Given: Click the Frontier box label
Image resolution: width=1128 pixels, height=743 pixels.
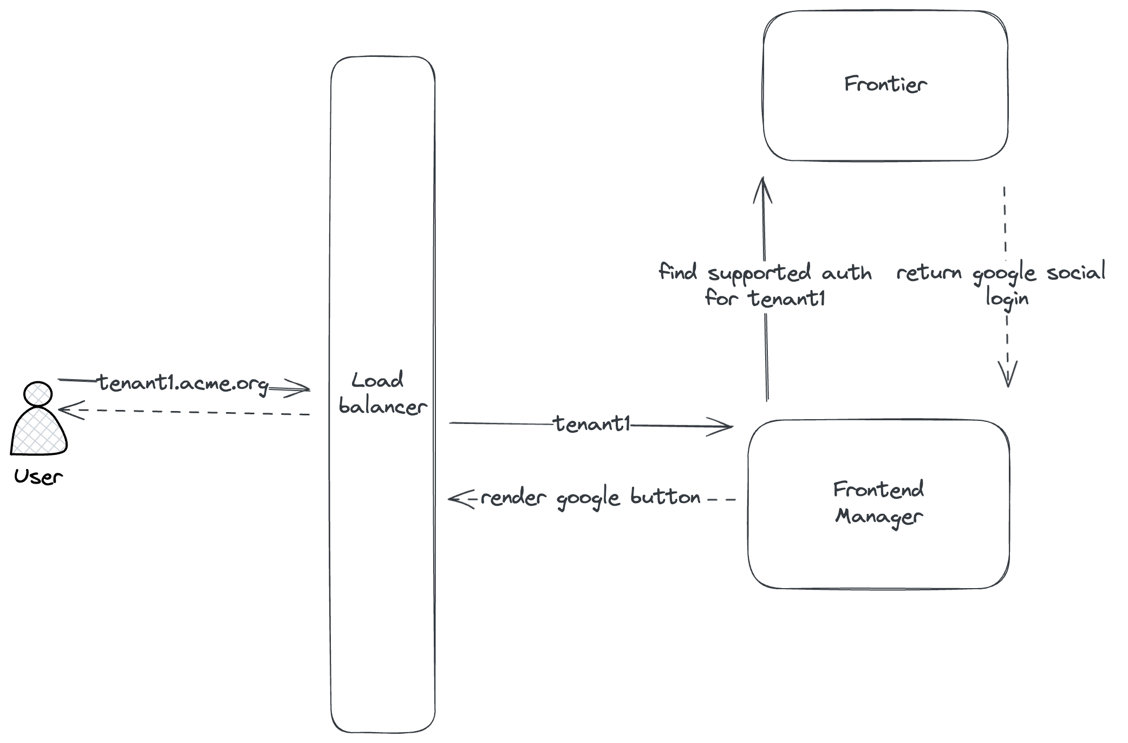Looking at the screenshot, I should tap(885, 84).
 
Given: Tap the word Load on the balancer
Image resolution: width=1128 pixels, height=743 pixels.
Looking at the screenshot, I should tap(377, 380).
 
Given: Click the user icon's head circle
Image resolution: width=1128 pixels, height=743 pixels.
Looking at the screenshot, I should tap(38, 394).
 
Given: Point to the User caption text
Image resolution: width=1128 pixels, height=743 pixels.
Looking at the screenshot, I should tap(38, 477).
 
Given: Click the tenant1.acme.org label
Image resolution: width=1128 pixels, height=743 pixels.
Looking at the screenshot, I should tap(183, 383).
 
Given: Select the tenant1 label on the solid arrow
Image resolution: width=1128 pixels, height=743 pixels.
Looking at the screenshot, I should tap(592, 424).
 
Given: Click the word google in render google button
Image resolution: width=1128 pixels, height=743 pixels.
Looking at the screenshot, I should tap(588, 498).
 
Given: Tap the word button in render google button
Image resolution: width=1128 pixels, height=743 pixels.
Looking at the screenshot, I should tap(666, 497).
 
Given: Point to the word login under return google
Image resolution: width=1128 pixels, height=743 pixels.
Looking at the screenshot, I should tap(1007, 298).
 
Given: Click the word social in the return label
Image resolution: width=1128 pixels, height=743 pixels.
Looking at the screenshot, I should tap(1075, 272).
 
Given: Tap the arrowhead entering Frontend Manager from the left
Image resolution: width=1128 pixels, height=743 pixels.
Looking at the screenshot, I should tap(723, 427).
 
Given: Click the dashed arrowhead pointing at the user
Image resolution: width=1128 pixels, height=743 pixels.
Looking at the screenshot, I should tap(68, 410).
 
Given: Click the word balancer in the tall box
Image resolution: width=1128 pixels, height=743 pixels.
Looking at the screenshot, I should tap(383, 407).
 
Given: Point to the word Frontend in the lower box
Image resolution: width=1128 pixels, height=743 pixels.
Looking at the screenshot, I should tap(878, 490).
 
